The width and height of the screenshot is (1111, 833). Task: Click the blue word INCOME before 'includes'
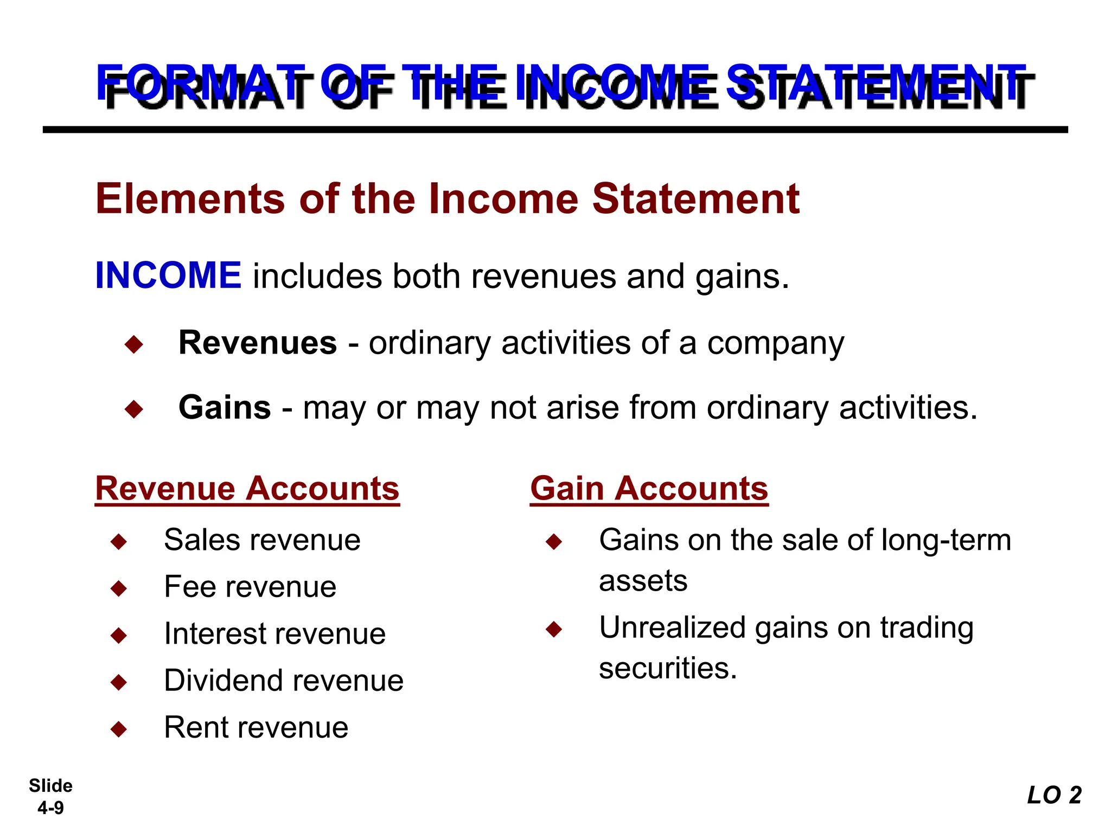168,275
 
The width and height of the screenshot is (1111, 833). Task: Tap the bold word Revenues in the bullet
258,343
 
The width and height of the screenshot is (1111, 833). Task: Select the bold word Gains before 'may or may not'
225,407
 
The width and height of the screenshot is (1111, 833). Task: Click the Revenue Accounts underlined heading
247,489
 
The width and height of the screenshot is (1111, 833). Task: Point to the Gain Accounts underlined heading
649,489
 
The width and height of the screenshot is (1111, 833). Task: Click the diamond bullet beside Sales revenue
118,541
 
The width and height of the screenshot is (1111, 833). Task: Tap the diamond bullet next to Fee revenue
118,588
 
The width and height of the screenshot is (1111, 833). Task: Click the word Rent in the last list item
192,727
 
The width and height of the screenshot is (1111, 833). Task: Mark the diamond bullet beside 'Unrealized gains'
554,629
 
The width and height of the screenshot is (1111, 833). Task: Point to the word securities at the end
668,668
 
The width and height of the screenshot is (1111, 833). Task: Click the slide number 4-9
50,808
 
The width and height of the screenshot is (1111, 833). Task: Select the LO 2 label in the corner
1054,796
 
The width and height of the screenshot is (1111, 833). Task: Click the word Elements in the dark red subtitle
190,199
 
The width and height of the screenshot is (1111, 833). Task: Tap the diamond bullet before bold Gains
133,409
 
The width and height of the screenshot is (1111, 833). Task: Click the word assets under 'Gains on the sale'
643,581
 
